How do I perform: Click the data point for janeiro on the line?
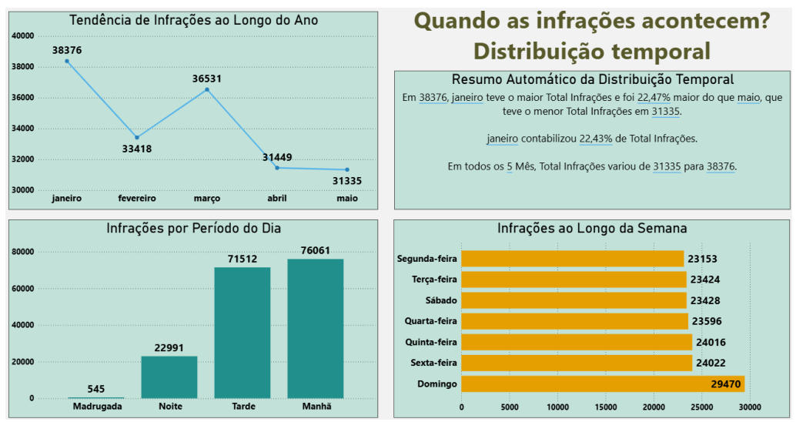tap(67, 61)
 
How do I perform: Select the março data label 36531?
tap(207, 79)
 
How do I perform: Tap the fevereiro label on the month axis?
tap(137, 198)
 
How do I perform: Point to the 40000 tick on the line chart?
tap(23, 36)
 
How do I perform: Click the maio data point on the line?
tap(347, 169)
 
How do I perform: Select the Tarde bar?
tap(242, 332)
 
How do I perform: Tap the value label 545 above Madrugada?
tap(96, 389)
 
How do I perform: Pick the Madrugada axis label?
tap(97, 406)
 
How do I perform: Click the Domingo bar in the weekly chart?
tap(602, 383)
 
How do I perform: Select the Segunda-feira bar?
tap(572, 259)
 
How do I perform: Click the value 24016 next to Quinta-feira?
tap(711, 342)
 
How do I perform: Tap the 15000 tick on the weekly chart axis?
tap(606, 407)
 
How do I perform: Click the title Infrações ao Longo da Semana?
tap(592, 229)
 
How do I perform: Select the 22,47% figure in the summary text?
tap(654, 98)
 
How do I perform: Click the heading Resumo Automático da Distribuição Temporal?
tap(592, 79)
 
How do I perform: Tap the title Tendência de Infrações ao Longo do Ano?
tap(193, 20)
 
